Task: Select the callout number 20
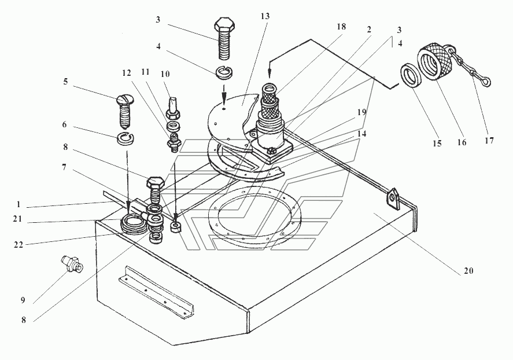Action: click(x=468, y=271)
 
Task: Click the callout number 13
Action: click(x=265, y=16)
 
